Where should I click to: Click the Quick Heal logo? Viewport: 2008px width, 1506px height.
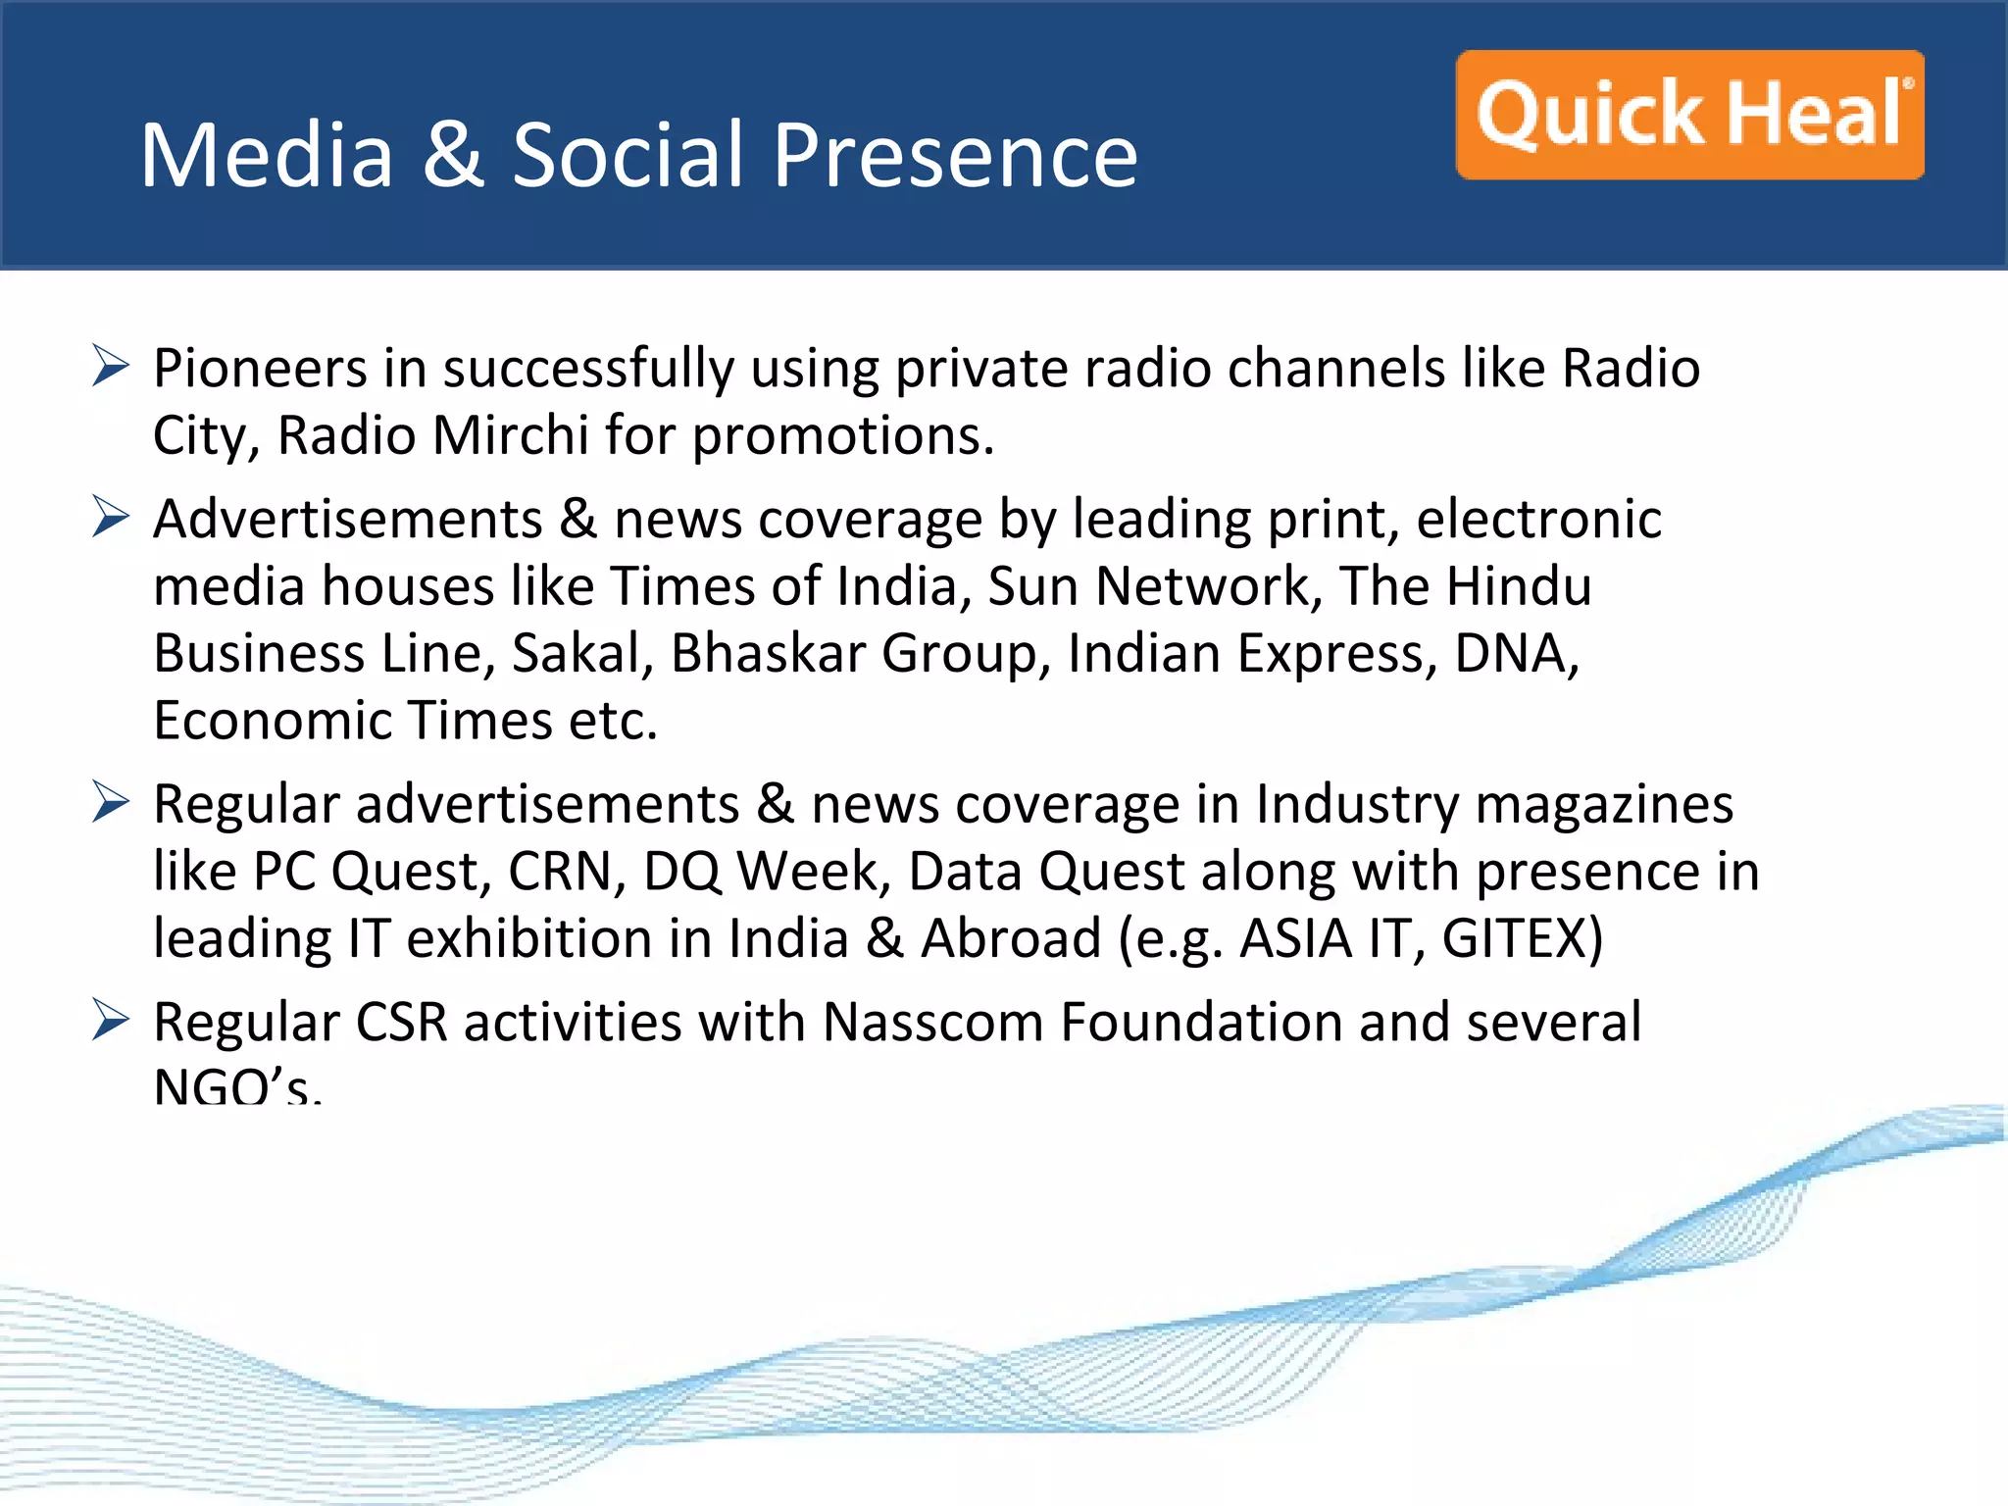[1689, 115]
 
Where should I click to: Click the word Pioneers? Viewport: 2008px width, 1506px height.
[260, 369]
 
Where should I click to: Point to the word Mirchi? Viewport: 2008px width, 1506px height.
[510, 435]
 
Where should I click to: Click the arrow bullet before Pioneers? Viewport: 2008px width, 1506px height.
[111, 366]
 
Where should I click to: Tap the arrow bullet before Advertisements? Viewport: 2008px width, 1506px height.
[111, 517]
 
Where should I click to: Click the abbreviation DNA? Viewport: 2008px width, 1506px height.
[1516, 653]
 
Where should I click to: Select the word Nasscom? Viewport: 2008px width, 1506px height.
[932, 1022]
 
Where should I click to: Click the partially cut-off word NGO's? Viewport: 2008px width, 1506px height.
[236, 1086]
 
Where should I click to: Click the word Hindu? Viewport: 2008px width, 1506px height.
[1519, 586]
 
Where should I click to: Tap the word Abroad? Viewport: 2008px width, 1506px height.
[1011, 938]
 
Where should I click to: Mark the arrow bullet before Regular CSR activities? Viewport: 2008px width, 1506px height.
[111, 1020]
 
